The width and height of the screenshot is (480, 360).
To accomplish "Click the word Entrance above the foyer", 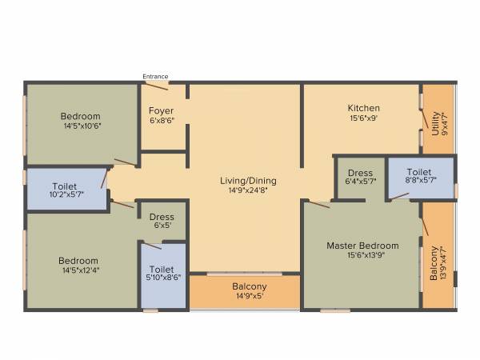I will pyautogui.click(x=155, y=76).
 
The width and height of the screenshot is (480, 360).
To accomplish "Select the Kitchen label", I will pyautogui.click(x=363, y=108).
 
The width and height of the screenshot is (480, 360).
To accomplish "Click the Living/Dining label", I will pyautogui.click(x=247, y=180).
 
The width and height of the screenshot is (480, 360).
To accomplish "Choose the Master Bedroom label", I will pyautogui.click(x=362, y=245).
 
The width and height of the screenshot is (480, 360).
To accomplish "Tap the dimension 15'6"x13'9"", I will pyautogui.click(x=362, y=255).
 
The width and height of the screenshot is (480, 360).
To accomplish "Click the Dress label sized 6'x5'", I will pyautogui.click(x=161, y=217).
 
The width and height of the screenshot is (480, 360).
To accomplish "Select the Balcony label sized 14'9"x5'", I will pyautogui.click(x=250, y=286).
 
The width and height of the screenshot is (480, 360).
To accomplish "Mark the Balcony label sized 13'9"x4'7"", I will pyautogui.click(x=434, y=261).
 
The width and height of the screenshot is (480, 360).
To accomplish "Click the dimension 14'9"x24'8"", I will pyautogui.click(x=247, y=190).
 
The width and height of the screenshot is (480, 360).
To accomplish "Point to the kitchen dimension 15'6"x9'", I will pyautogui.click(x=363, y=118).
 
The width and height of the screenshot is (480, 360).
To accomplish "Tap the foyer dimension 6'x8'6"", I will pyautogui.click(x=162, y=120).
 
